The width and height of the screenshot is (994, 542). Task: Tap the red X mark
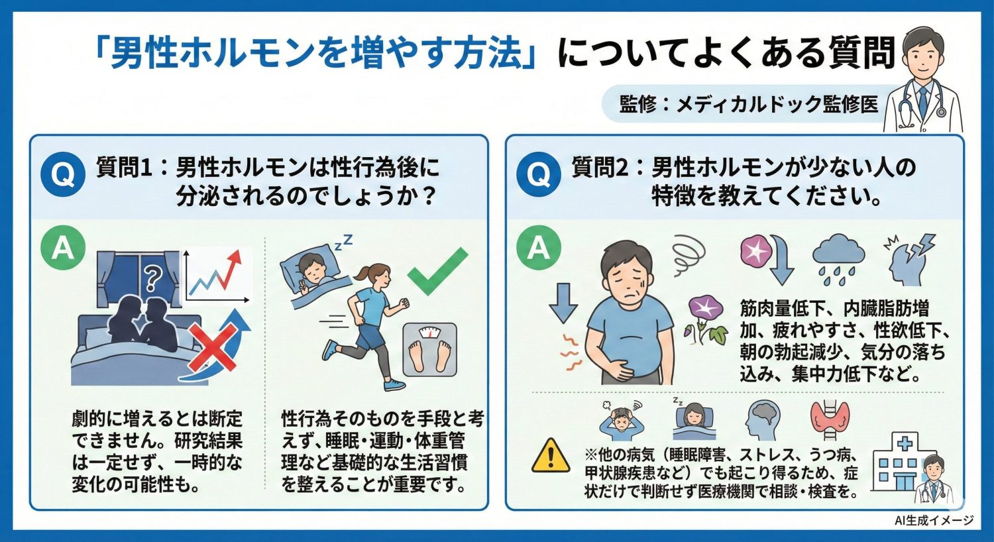[x=213, y=351]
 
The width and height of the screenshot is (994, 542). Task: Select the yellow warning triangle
[x=550, y=456]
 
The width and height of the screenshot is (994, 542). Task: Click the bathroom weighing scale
[x=430, y=349]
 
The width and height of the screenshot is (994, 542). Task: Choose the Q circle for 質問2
[x=538, y=175]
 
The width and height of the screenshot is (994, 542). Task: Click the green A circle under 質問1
[x=62, y=248]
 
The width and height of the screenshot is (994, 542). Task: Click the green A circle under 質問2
[x=538, y=248]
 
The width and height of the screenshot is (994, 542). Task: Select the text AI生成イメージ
[x=934, y=521]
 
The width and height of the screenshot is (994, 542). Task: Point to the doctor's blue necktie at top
[x=922, y=99]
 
